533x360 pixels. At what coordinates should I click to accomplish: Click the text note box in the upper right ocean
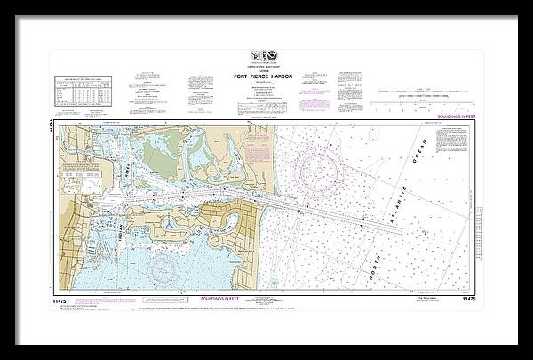tap(453, 140)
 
